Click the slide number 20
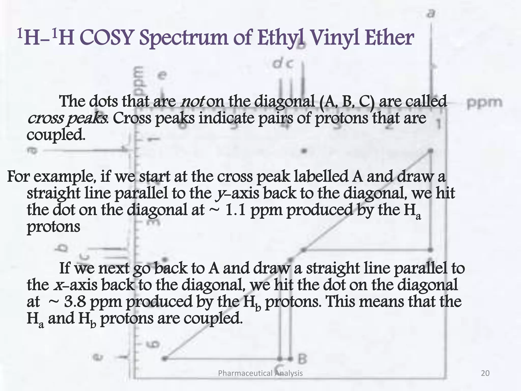coord(485,373)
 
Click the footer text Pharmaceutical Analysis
coord(260,373)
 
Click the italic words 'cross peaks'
coord(67,118)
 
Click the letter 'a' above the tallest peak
coord(430,13)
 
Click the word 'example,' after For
coord(65,177)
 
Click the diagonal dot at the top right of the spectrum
coord(430,151)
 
